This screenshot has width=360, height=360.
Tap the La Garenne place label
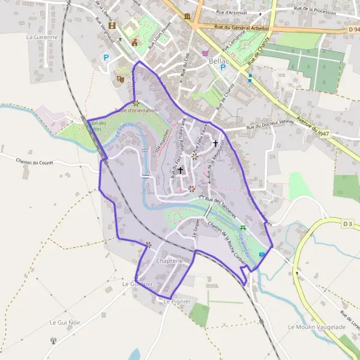pyautogui.click(x=41, y=37)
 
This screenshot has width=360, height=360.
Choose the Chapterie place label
pyautogui.click(x=169, y=262)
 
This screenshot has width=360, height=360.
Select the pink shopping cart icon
pyautogui.click(x=205, y=53)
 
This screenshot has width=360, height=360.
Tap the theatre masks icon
pyautogui.click(x=120, y=78)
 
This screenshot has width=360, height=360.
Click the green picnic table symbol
pyautogui.click(x=243, y=227)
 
